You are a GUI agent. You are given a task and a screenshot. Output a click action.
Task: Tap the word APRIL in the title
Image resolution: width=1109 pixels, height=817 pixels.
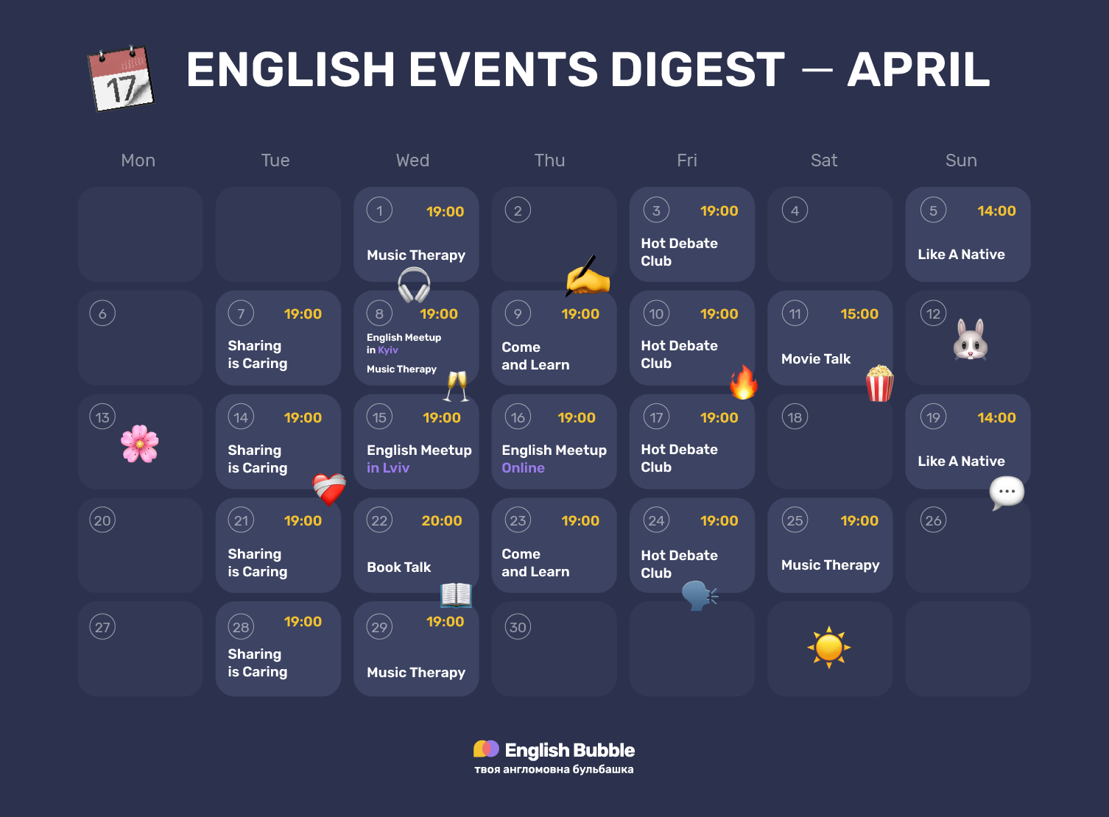tap(918, 70)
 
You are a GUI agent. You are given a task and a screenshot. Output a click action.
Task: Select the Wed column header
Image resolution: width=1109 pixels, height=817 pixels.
tap(412, 160)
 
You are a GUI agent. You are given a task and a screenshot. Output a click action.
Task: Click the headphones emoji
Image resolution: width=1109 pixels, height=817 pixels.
tap(414, 285)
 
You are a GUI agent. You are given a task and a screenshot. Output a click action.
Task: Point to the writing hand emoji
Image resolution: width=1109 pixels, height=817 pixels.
tap(588, 277)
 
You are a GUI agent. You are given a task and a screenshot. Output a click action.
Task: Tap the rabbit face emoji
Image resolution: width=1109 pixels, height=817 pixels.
tap(970, 339)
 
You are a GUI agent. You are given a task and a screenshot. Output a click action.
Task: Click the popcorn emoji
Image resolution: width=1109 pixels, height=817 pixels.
tap(879, 383)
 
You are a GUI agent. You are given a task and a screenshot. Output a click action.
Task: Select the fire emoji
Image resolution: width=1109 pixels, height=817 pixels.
tap(743, 382)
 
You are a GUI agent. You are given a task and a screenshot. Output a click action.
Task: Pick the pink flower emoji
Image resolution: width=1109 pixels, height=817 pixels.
tap(140, 444)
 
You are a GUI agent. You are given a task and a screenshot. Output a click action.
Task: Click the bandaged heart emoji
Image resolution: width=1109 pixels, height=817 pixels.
tap(329, 488)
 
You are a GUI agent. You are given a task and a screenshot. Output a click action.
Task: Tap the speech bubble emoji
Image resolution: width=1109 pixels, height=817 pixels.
tap(1007, 492)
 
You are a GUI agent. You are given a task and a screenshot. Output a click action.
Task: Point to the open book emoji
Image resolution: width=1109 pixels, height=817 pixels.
tap(456, 594)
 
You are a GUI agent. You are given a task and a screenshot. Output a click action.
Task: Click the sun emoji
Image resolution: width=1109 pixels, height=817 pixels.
tap(829, 648)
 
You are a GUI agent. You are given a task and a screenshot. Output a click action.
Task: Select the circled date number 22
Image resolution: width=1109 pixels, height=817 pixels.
tap(379, 521)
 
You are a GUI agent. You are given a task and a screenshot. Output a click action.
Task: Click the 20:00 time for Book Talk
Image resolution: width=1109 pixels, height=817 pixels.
tap(442, 521)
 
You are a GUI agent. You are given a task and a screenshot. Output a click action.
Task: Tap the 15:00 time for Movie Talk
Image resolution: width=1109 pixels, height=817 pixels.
tap(859, 314)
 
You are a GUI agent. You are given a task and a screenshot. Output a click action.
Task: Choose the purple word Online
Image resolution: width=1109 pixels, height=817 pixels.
tap(523, 468)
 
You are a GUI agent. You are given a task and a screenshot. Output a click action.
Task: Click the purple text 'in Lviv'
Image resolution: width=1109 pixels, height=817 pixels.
tap(388, 468)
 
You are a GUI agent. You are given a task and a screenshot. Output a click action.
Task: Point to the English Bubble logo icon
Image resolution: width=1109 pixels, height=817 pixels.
tap(486, 749)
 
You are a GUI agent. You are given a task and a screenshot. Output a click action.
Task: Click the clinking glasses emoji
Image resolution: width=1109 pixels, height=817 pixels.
tap(457, 386)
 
